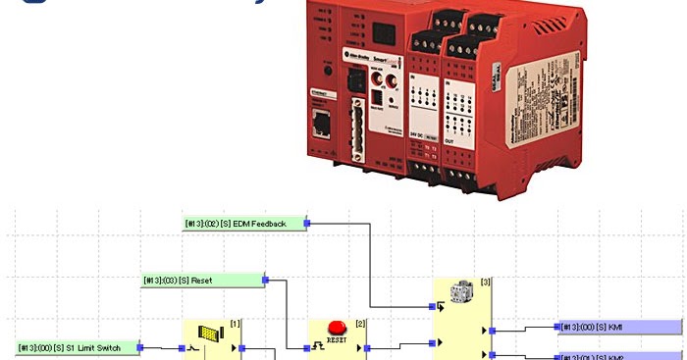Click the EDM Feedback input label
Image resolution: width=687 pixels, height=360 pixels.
pyautogui.click(x=244, y=224)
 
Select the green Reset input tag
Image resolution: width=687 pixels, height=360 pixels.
pyautogui.click(x=202, y=281)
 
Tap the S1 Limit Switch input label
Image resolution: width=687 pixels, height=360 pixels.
pyautogui.click(x=77, y=347)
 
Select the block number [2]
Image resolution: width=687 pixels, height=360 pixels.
pyautogui.click(x=360, y=323)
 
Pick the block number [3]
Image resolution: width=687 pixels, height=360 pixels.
pyautogui.click(x=486, y=282)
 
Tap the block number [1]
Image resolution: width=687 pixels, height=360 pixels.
pyautogui.click(x=235, y=323)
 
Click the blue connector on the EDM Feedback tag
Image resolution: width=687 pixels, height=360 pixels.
pyautogui.click(x=307, y=224)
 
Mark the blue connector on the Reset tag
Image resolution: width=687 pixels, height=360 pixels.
pyautogui.click(x=265, y=281)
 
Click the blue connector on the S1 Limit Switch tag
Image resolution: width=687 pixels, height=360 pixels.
pyautogui.click(x=140, y=347)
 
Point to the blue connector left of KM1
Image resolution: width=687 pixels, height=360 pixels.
pyautogui.click(x=556, y=327)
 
